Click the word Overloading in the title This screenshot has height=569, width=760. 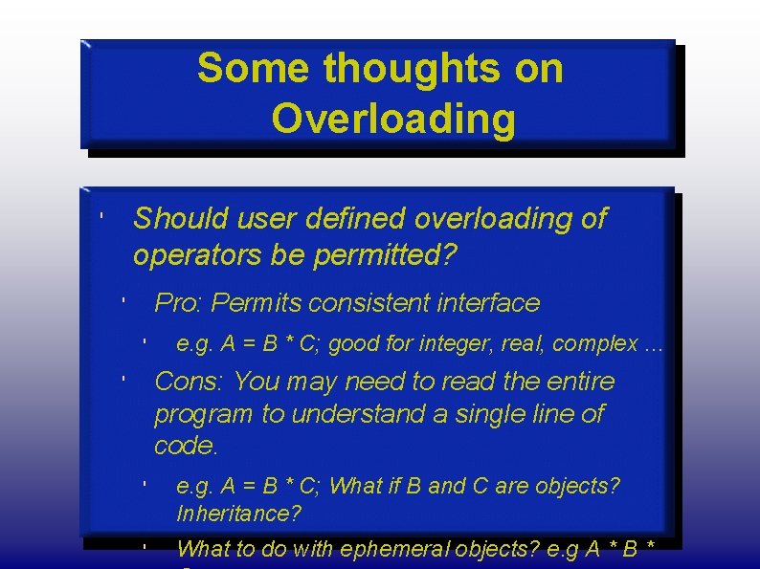392,120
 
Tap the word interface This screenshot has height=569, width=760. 488,304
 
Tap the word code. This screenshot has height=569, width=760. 186,446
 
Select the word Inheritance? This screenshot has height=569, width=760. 238,514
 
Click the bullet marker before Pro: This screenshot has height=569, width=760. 123,300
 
